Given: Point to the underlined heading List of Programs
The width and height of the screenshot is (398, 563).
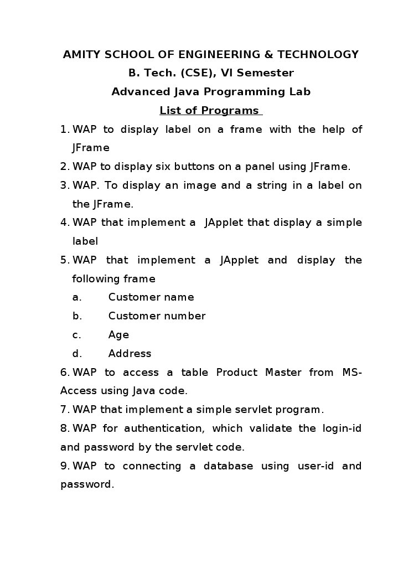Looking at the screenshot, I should (x=209, y=111).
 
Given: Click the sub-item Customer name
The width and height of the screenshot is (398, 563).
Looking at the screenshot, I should (x=151, y=297).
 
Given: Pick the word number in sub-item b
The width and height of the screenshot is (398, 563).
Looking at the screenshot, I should (x=185, y=316).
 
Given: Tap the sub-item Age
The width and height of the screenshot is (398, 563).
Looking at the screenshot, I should (x=118, y=335).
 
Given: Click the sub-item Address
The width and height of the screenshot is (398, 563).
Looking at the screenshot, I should (x=130, y=354).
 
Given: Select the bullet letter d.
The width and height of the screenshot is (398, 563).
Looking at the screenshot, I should (x=77, y=354).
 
